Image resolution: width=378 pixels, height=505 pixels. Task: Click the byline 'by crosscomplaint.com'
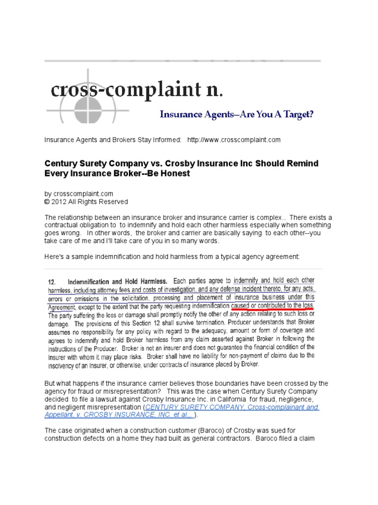click(x=79, y=194)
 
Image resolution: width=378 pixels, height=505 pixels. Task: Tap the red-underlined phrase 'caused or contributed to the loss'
click(x=272, y=306)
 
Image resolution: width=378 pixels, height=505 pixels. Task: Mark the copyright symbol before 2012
click(x=47, y=202)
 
